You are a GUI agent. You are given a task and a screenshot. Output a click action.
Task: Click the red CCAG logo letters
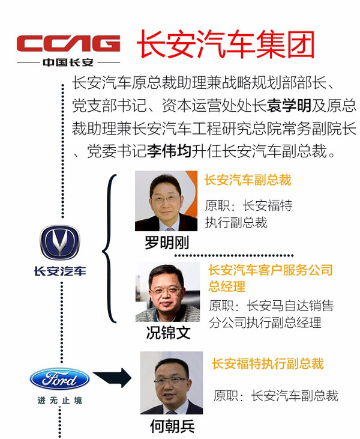68,44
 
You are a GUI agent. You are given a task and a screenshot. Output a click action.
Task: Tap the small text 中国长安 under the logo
68,62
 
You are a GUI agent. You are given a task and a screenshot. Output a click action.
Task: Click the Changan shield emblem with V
60,243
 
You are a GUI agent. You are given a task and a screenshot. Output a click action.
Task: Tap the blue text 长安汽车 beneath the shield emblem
60,271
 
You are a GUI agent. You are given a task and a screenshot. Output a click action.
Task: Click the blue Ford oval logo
60,379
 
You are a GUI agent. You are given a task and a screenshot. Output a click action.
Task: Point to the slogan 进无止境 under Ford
60,400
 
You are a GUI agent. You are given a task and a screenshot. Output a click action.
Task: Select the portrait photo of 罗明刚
166,201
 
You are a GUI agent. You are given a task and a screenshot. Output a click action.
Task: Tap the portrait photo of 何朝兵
172,383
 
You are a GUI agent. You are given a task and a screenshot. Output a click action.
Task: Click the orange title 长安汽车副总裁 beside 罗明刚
248,180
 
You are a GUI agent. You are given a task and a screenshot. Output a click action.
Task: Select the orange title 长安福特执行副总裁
268,363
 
